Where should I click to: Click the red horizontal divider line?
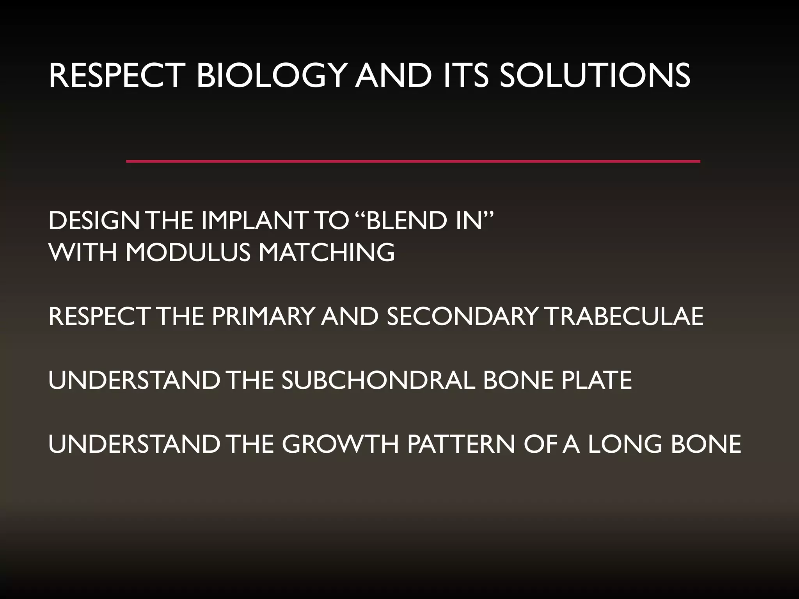[413, 161]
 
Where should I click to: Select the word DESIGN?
[94, 221]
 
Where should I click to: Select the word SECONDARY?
[462, 316]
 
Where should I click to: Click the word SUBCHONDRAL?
[378, 380]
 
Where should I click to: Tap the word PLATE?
[597, 380]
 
